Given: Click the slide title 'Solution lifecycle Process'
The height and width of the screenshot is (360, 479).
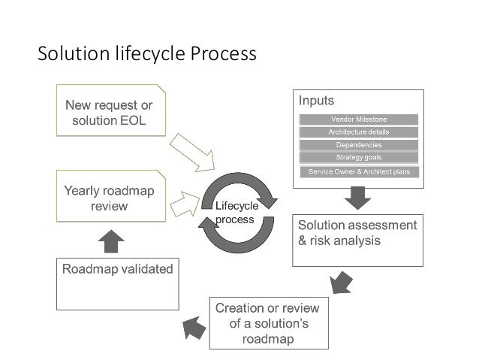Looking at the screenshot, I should tap(147, 55).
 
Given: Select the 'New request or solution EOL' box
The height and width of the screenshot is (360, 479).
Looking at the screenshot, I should tap(111, 110).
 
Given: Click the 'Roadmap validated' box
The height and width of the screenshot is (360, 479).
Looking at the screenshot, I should tap(117, 283).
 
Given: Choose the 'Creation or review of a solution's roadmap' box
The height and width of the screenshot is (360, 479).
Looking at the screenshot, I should tap(267, 323).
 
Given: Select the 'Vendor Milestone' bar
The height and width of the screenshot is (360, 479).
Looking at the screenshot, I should tap(358, 119).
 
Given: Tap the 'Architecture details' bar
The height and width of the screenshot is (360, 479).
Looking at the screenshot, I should tap(358, 132).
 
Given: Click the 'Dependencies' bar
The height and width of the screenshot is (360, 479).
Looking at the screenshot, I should tap(358, 144).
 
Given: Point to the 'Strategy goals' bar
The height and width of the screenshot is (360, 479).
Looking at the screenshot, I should tap(358, 157).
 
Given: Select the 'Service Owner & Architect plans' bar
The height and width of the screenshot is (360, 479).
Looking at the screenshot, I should tap(358, 172).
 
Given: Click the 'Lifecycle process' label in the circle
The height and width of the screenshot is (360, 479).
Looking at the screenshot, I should tap(236, 212).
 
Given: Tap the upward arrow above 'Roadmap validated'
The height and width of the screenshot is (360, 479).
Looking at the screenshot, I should tap(111, 241).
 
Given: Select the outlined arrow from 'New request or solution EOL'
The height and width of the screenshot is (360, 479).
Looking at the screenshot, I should tap(191, 152).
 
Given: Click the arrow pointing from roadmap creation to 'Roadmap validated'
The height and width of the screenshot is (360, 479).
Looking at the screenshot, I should tap(194, 325).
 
